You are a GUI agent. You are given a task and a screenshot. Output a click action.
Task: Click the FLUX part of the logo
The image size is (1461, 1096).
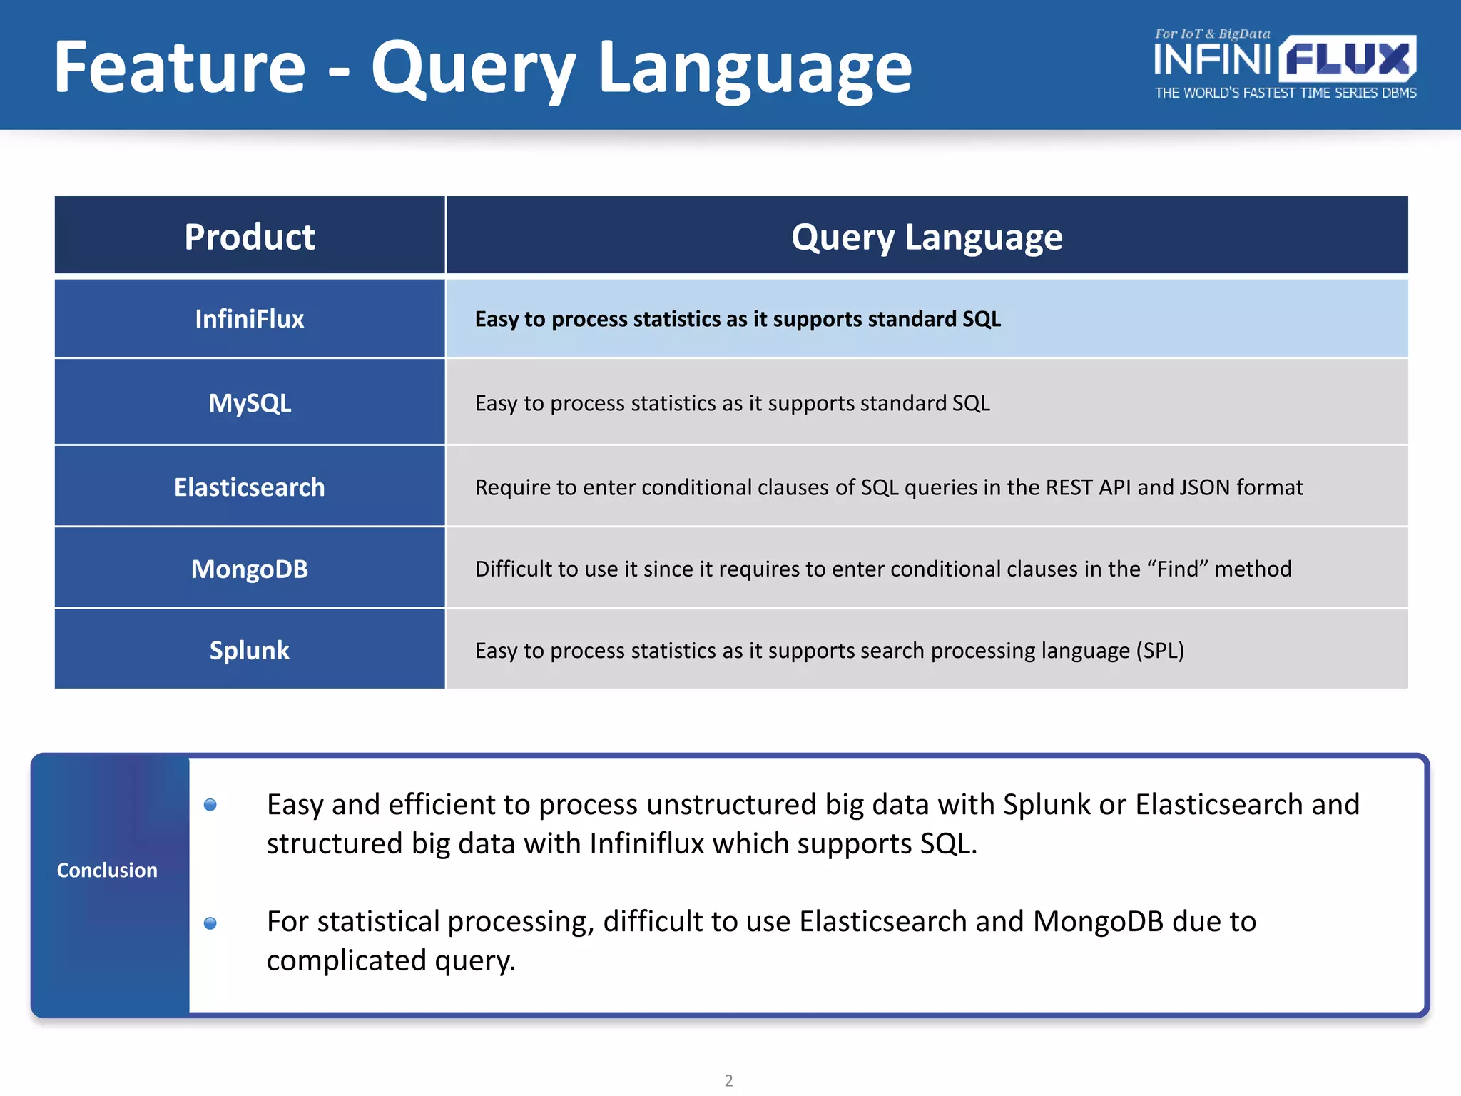(x=1347, y=59)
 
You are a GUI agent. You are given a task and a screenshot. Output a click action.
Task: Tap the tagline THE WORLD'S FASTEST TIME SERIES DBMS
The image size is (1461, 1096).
(x=1286, y=93)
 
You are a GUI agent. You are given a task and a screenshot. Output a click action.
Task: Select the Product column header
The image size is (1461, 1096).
(x=249, y=237)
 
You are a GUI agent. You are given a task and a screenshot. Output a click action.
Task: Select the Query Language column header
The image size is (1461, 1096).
(x=926, y=237)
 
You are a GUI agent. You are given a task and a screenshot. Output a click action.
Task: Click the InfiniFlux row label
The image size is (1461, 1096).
(x=249, y=319)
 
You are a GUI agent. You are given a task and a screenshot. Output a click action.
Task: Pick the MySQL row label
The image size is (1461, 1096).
(x=249, y=403)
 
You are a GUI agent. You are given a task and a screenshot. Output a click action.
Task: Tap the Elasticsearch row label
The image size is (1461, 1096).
(x=249, y=487)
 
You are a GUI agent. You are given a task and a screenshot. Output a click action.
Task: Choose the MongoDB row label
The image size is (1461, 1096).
(x=249, y=569)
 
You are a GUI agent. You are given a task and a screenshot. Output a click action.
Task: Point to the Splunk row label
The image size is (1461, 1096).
(x=249, y=650)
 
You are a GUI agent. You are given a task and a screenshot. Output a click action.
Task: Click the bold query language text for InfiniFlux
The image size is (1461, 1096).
(x=738, y=319)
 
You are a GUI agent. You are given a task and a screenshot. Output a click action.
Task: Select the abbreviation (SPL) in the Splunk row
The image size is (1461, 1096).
(x=1160, y=651)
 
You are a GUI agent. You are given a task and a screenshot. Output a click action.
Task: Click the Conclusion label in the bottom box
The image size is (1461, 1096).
(x=107, y=870)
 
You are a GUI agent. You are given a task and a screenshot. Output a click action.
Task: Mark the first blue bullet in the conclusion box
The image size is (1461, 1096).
(x=210, y=805)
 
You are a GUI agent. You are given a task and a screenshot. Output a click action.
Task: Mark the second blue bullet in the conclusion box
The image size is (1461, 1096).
(x=210, y=923)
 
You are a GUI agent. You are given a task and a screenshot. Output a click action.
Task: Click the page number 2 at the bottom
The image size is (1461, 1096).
(x=728, y=1080)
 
